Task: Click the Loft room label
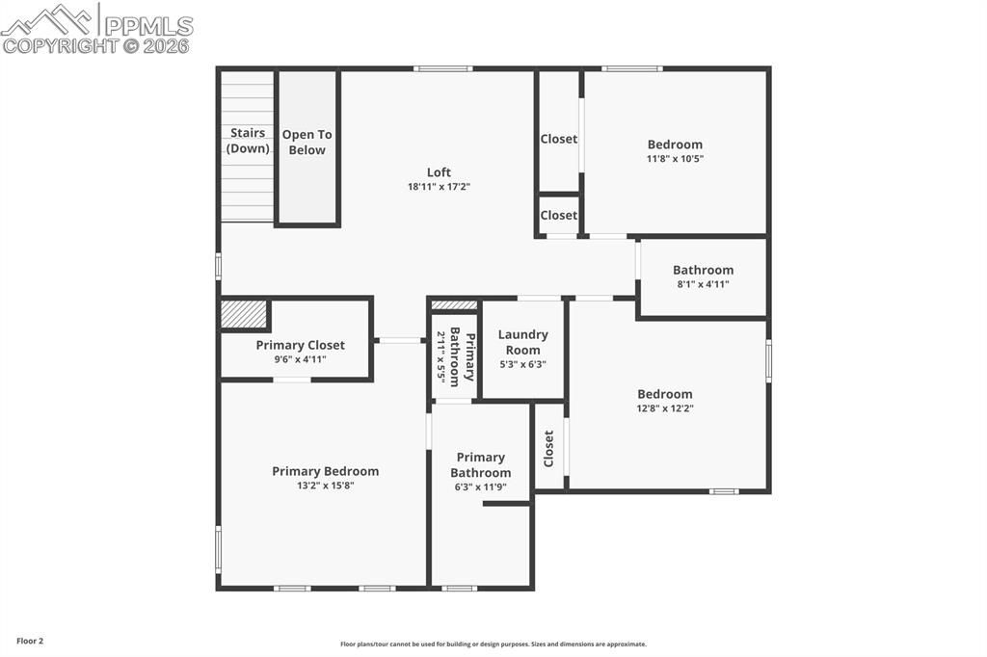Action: click(439, 172)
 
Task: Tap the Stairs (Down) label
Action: click(248, 141)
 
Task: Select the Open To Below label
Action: click(307, 143)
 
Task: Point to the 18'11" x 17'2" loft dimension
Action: click(439, 187)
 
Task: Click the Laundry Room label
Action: click(522, 342)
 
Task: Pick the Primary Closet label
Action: click(300, 345)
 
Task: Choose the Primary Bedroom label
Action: click(325, 471)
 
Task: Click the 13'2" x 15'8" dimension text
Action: click(325, 486)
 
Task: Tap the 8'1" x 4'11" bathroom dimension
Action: click(703, 284)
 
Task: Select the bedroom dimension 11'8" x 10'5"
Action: click(675, 159)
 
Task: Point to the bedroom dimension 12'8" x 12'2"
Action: click(664, 408)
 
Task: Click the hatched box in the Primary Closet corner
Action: click(244, 314)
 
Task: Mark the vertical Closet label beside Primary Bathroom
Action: click(548, 448)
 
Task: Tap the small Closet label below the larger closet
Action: click(558, 216)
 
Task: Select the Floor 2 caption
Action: click(30, 641)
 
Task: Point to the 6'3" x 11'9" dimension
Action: click(480, 487)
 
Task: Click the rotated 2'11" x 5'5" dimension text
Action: click(441, 357)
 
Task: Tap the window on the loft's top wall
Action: click(442, 68)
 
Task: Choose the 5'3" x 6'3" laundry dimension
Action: click(522, 364)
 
